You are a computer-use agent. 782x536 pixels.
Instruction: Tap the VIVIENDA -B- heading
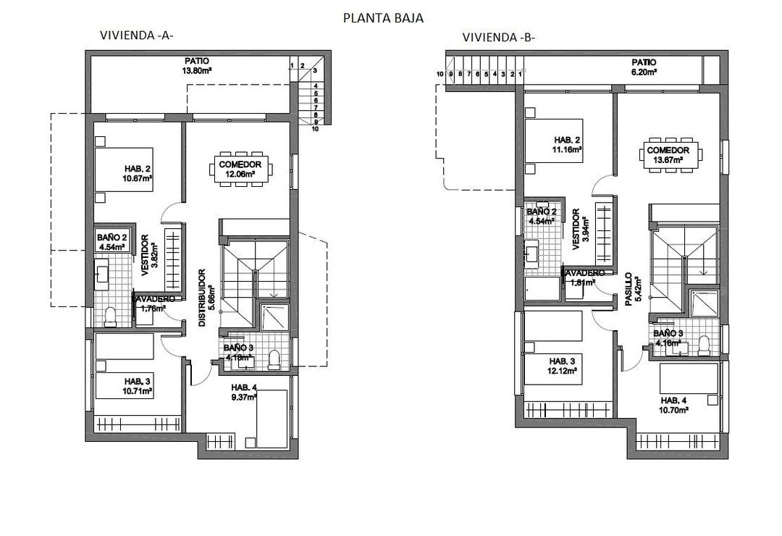498,38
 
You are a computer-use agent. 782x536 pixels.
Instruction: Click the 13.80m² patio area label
196,71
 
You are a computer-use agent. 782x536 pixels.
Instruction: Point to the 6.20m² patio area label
642,72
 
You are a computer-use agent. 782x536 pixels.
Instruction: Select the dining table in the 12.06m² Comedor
240,169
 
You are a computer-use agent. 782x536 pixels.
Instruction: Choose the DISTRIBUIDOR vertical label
206,298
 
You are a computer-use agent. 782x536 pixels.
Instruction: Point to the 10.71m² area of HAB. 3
137,391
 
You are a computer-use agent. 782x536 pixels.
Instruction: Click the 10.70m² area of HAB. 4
673,410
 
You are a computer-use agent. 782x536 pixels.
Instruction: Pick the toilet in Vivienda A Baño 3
274,360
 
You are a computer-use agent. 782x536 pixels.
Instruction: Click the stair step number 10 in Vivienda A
316,130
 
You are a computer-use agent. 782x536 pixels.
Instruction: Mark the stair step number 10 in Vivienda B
440,74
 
